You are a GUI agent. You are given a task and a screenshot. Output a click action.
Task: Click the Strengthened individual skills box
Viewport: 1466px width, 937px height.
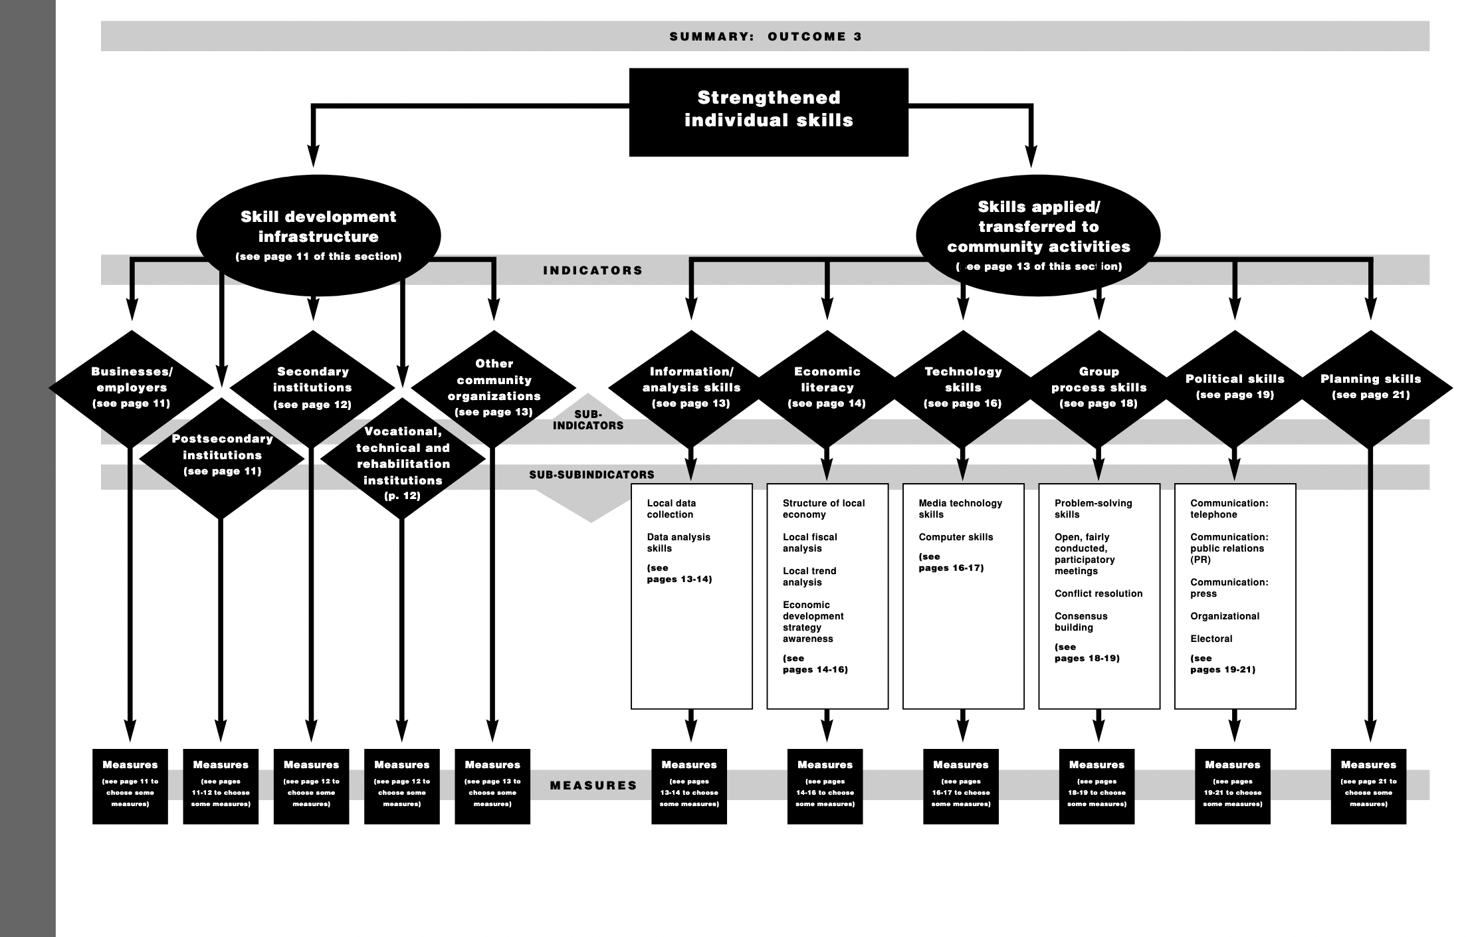click(x=768, y=112)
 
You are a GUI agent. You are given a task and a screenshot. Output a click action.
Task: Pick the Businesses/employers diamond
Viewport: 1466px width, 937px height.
click(x=132, y=387)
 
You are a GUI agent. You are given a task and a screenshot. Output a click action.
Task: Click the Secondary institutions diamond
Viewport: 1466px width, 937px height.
click(x=312, y=387)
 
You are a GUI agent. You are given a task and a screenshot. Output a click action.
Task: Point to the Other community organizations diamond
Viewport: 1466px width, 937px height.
click(x=494, y=387)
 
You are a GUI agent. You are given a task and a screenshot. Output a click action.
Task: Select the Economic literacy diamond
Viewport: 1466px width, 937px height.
click(x=827, y=387)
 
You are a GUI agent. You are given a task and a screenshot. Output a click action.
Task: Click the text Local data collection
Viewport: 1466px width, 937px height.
click(x=671, y=509)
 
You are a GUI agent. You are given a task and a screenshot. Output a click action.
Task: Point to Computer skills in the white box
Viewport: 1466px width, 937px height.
click(x=956, y=537)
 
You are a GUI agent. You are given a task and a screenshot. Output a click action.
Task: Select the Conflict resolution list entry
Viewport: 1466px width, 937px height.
click(x=1098, y=593)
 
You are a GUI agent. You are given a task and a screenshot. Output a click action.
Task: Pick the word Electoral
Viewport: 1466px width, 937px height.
click(x=1211, y=639)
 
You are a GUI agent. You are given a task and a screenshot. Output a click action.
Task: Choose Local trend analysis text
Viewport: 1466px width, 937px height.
click(x=809, y=576)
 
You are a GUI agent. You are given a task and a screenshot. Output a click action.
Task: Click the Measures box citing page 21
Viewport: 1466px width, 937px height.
click(x=1368, y=786)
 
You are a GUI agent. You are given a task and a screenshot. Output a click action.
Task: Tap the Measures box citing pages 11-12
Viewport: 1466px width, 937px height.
click(x=221, y=786)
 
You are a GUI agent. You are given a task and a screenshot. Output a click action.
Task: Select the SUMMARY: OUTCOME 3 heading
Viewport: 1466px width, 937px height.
click(x=766, y=37)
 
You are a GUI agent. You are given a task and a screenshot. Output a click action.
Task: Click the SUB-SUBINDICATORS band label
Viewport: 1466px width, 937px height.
click(x=591, y=474)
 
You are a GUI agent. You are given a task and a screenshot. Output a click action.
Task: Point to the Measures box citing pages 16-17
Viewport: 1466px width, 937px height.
click(x=960, y=786)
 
